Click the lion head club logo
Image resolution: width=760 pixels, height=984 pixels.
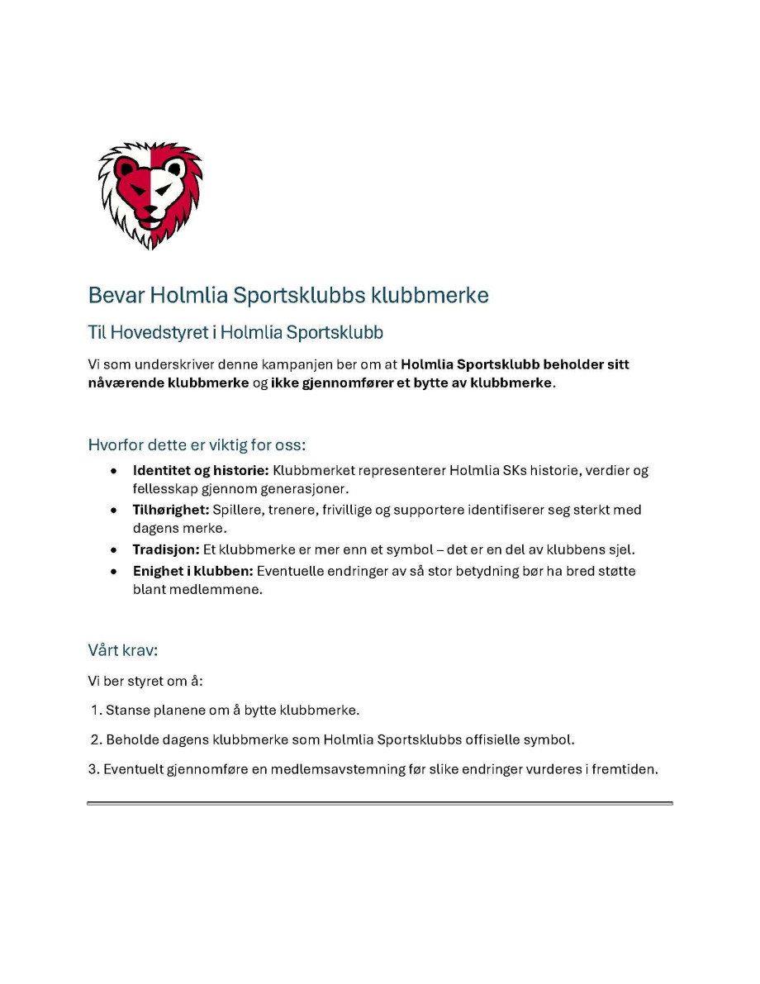(x=150, y=196)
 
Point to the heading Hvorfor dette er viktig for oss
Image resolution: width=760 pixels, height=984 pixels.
(x=197, y=445)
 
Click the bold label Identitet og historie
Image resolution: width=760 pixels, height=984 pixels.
(x=201, y=471)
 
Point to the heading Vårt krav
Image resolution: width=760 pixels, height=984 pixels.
(x=122, y=650)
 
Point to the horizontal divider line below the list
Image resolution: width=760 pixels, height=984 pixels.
(x=380, y=802)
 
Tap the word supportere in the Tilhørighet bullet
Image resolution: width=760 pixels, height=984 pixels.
(x=426, y=510)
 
